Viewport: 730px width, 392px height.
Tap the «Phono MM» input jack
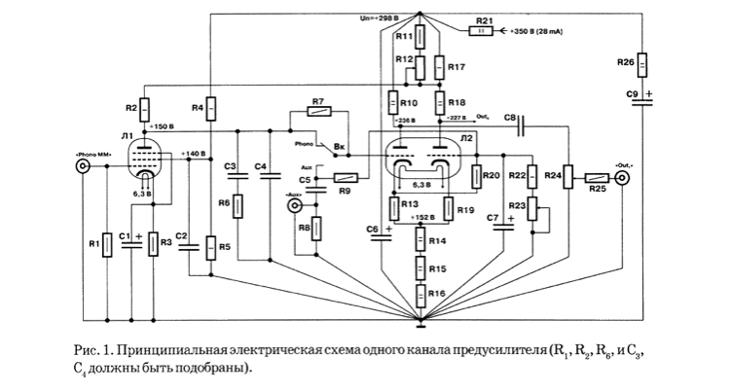85,167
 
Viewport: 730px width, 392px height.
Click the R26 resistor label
627,63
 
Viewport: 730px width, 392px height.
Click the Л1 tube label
128,135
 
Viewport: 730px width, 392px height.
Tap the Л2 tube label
466,139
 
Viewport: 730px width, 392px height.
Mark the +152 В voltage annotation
420,217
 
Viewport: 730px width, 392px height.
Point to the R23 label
518,207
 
